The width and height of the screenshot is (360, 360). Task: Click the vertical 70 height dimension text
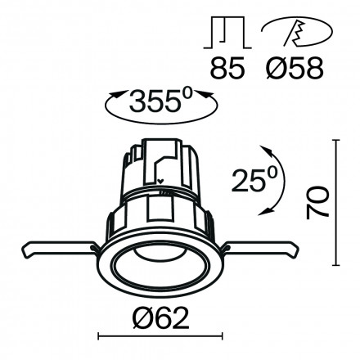(320, 202)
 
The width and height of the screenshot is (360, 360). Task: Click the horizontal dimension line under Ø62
(160, 335)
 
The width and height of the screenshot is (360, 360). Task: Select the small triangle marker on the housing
(161, 183)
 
